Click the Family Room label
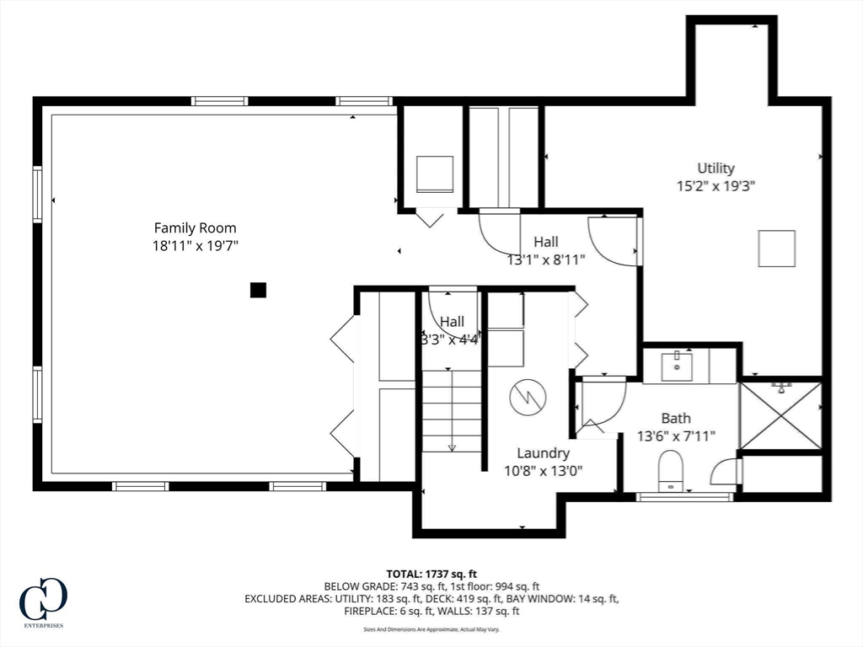point(195,227)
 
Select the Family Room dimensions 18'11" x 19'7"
point(195,246)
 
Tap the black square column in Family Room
point(258,291)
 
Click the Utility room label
point(716,168)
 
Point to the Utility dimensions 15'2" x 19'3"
point(716,186)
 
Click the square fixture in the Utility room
point(776,249)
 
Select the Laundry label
point(544,453)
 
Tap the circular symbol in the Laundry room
point(528,397)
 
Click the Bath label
point(676,418)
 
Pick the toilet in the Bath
point(671,469)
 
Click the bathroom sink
point(676,366)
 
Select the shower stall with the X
point(780,415)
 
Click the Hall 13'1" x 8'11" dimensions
point(546,260)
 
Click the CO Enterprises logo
point(42,601)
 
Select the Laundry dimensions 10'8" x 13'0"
point(544,472)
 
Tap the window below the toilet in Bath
point(684,497)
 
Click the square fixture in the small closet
point(435,174)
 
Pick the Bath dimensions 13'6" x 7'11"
point(676,436)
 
